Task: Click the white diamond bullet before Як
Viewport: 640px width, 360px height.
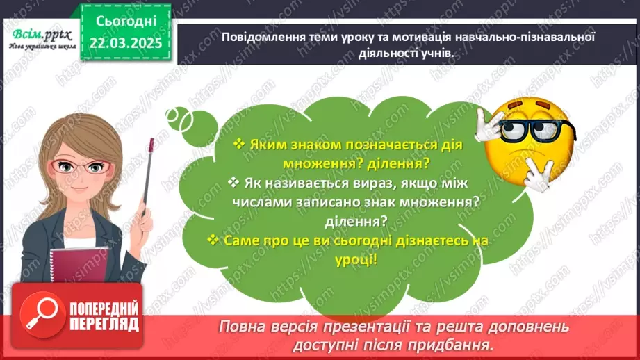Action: click(232, 182)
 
